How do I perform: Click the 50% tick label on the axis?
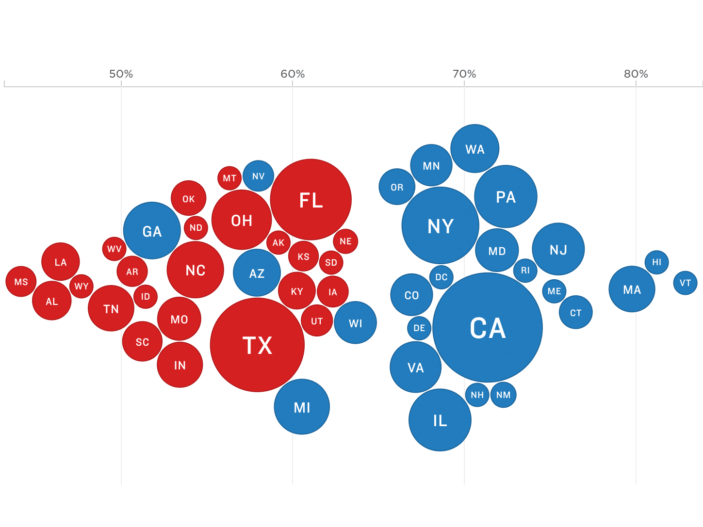[121, 74]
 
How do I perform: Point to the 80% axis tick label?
[636, 74]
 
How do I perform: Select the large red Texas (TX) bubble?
[257, 345]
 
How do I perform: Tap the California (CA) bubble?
[488, 328]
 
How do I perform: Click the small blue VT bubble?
[685, 283]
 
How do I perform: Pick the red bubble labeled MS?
[21, 282]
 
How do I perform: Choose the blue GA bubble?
[152, 231]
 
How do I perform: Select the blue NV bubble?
[258, 176]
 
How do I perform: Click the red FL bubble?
[311, 199]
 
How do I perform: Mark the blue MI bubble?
[302, 407]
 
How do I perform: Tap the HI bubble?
[656, 262]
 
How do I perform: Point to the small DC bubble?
[441, 277]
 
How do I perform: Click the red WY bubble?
[82, 286]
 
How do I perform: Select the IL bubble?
[440, 420]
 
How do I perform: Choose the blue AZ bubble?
[257, 273]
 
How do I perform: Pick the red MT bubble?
[229, 178]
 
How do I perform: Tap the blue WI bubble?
[355, 323]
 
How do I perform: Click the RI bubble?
[525, 271]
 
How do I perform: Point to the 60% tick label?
[293, 74]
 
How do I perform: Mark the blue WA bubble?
[474, 149]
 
